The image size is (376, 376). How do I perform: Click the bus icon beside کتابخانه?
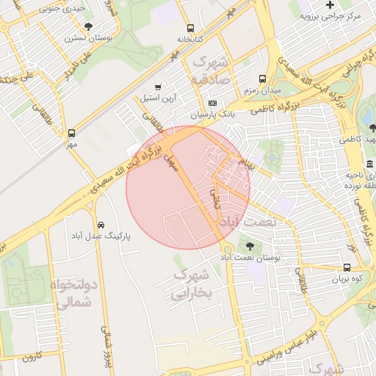191,27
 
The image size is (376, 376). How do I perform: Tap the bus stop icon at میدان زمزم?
263,79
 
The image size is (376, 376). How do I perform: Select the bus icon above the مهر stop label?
72,134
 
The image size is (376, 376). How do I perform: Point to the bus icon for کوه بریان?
347,268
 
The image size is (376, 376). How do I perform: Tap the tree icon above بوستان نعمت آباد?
250,246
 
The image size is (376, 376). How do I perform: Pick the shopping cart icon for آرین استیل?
159,87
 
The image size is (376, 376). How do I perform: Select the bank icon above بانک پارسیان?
213,104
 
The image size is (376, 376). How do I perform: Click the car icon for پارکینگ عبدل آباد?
101,225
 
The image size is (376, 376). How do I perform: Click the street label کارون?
29,358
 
